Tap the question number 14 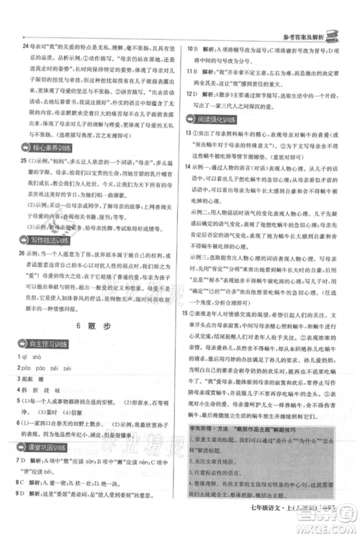click(x=189, y=166)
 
